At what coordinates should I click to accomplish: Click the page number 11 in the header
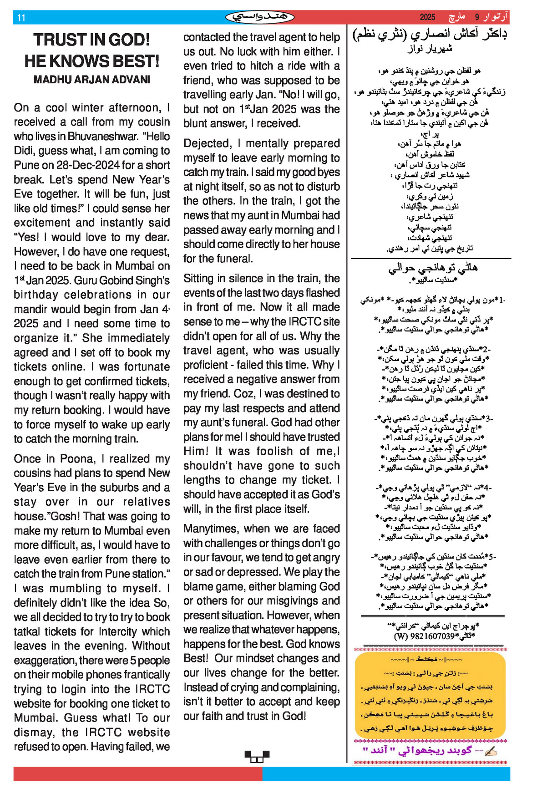[21, 18]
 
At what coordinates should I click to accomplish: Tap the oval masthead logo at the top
[259, 17]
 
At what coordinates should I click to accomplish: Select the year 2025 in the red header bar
[427, 17]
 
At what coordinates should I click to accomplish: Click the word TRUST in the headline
[56, 40]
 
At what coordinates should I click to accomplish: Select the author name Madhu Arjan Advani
[91, 80]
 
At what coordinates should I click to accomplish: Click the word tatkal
[29, 632]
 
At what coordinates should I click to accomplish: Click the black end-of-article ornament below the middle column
[257, 757]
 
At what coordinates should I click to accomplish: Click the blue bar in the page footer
[386, 774]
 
